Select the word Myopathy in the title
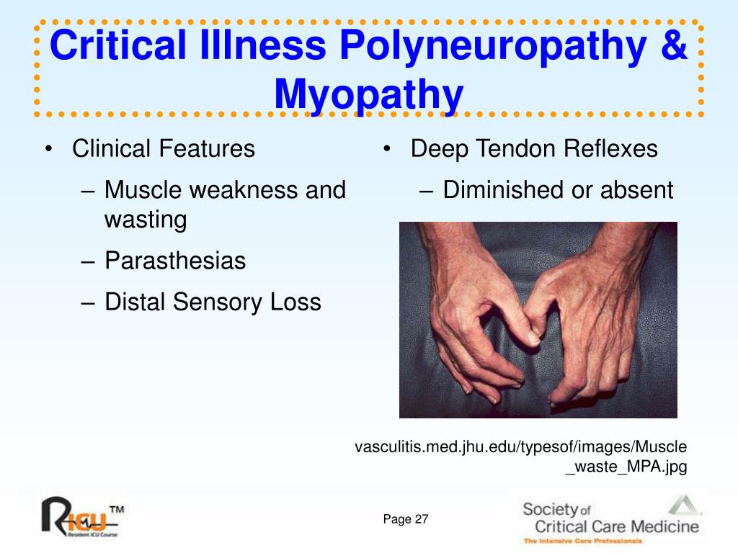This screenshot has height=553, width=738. click(368, 96)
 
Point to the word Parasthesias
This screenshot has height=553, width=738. click(175, 261)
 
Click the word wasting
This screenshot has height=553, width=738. click(146, 220)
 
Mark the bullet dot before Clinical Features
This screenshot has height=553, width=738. click(48, 149)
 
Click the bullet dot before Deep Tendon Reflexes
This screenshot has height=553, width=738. click(387, 149)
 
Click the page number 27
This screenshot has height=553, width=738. click(421, 519)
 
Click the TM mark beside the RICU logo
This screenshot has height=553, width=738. click(117, 509)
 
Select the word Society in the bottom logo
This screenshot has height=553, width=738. click(550, 510)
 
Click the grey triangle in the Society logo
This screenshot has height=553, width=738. click(683, 505)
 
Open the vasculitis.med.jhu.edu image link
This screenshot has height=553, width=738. click(520, 456)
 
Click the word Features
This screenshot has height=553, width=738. click(207, 148)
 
